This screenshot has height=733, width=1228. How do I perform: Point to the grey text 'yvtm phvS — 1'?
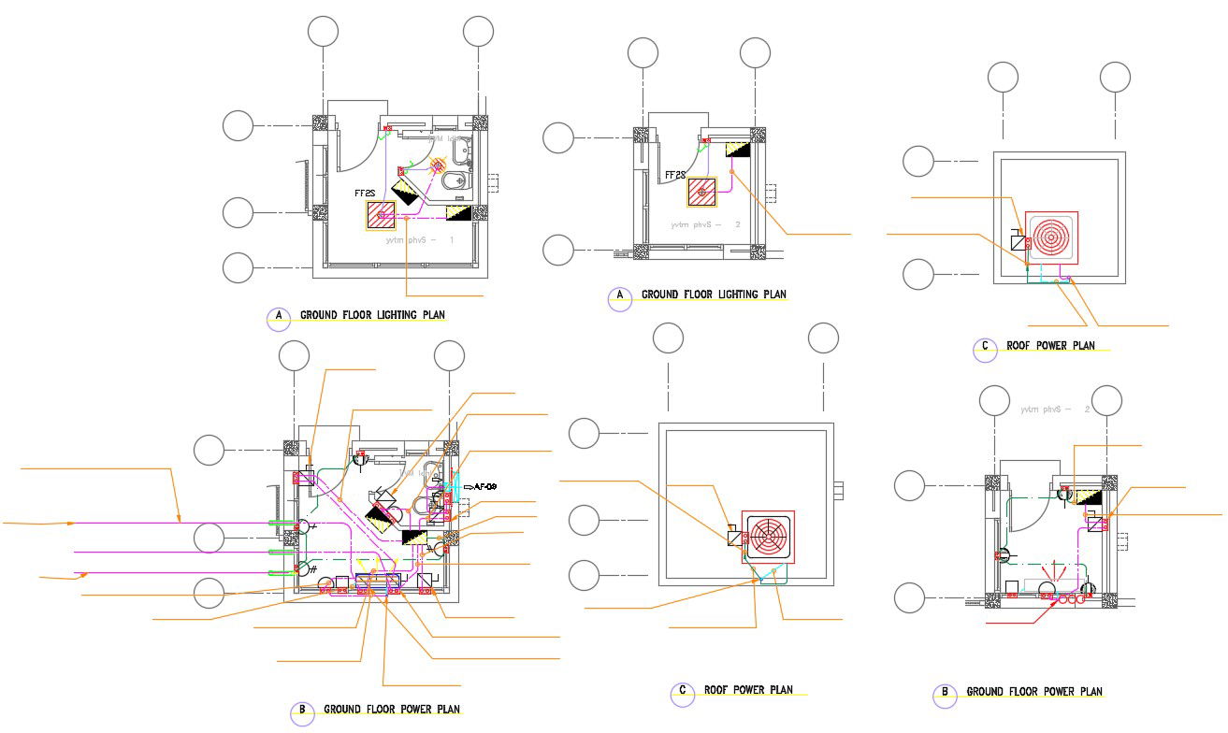(x=420, y=240)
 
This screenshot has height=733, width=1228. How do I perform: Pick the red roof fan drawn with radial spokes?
(x=767, y=539)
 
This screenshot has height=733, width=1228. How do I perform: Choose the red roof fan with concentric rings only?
(x=1051, y=237)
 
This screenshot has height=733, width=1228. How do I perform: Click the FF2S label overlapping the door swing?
(x=675, y=175)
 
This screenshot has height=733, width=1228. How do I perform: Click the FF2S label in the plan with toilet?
(x=365, y=194)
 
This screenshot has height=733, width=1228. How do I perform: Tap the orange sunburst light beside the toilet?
(x=437, y=166)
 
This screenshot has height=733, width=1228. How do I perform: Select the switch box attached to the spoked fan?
(x=735, y=537)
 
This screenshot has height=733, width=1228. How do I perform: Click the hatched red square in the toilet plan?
(x=382, y=217)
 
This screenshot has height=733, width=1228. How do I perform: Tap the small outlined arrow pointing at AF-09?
(x=468, y=487)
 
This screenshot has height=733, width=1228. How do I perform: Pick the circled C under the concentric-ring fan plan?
(x=984, y=349)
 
